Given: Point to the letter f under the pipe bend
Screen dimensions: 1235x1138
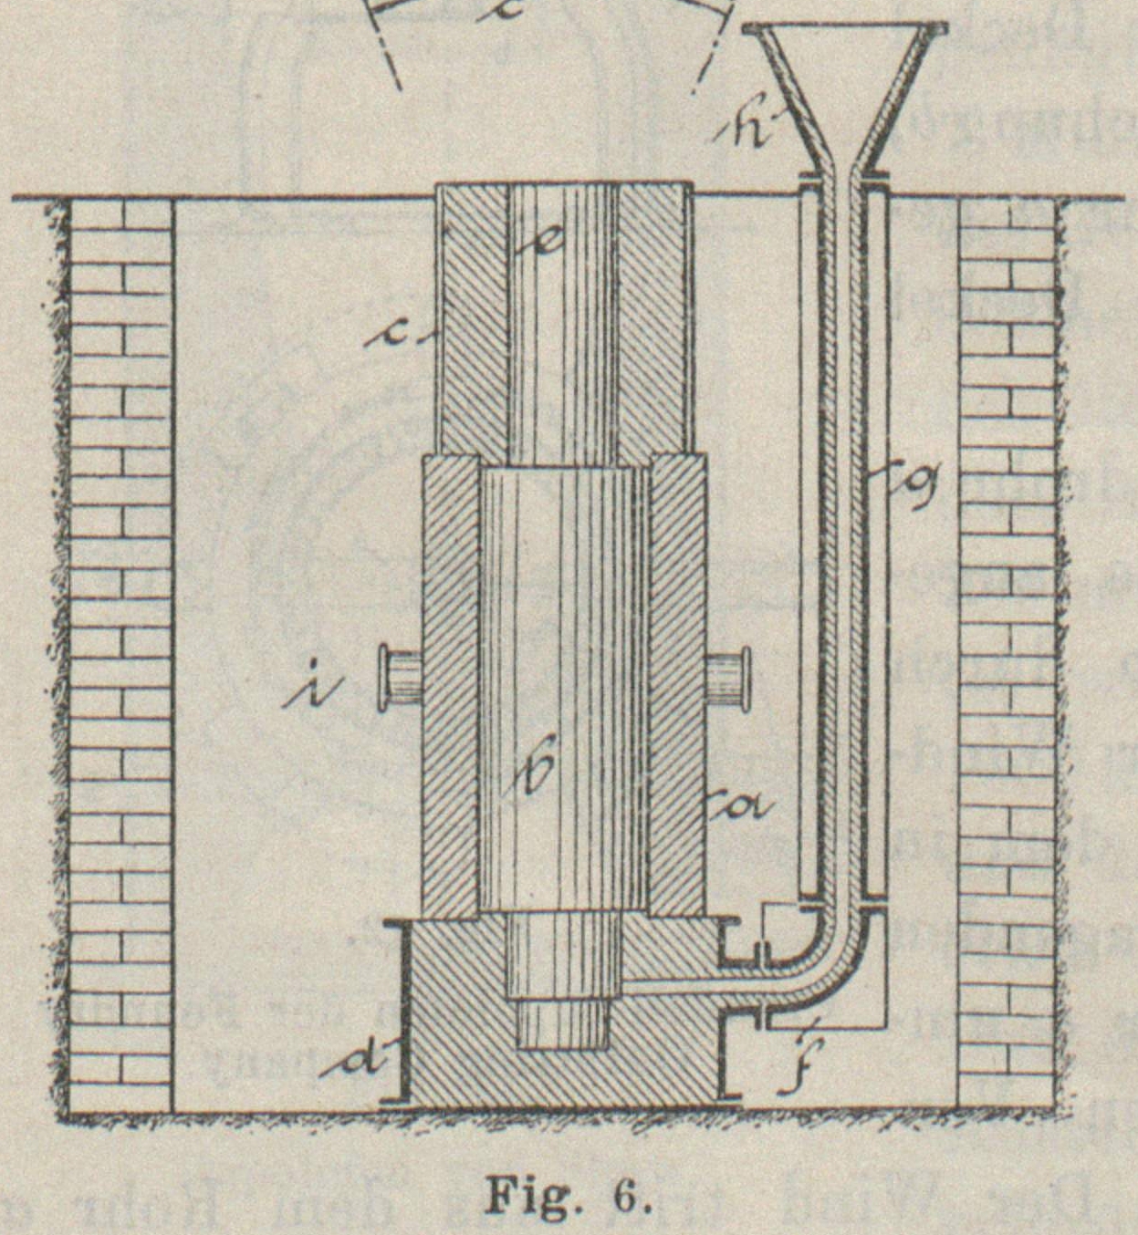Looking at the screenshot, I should pyautogui.click(x=803, y=1064).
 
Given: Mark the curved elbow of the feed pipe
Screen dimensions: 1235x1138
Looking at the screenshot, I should pyautogui.click(x=826, y=967).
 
